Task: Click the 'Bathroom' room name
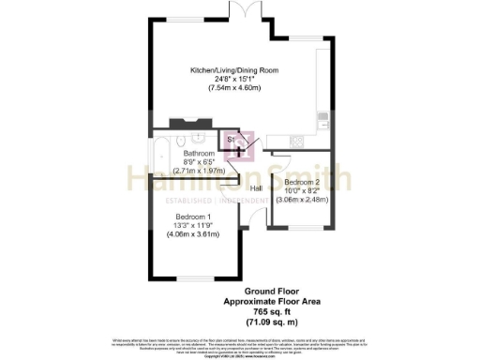click(198, 154)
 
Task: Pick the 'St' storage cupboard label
click(232, 140)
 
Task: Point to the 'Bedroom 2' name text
click(303, 181)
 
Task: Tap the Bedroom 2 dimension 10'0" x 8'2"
click(303, 189)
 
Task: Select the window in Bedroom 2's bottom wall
click(302, 228)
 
